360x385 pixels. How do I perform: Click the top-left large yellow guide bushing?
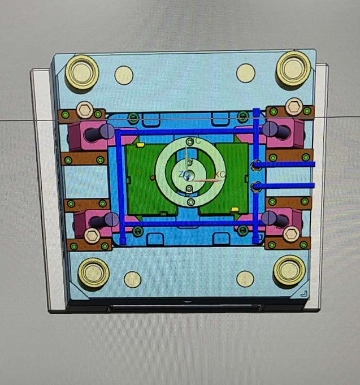pyautogui.click(x=82, y=71)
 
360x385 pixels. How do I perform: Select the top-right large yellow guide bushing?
pyautogui.click(x=293, y=68)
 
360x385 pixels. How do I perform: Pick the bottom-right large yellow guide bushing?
pyautogui.click(x=289, y=271)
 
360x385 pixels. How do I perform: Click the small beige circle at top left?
pyautogui.click(x=124, y=75)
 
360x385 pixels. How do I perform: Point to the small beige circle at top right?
pyautogui.click(x=246, y=72)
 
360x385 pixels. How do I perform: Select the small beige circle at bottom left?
pyautogui.click(x=132, y=279)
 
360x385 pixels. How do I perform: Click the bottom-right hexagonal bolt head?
pyautogui.click(x=291, y=233)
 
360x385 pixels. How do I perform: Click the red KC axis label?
pyautogui.click(x=220, y=175)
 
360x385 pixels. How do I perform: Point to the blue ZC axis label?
pyautogui.click(x=183, y=174)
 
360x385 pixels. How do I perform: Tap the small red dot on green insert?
pyautogui.click(x=153, y=177)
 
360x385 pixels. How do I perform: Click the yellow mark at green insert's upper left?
pyautogui.click(x=140, y=145)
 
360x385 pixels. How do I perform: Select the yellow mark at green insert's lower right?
pyautogui.click(x=234, y=210)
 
